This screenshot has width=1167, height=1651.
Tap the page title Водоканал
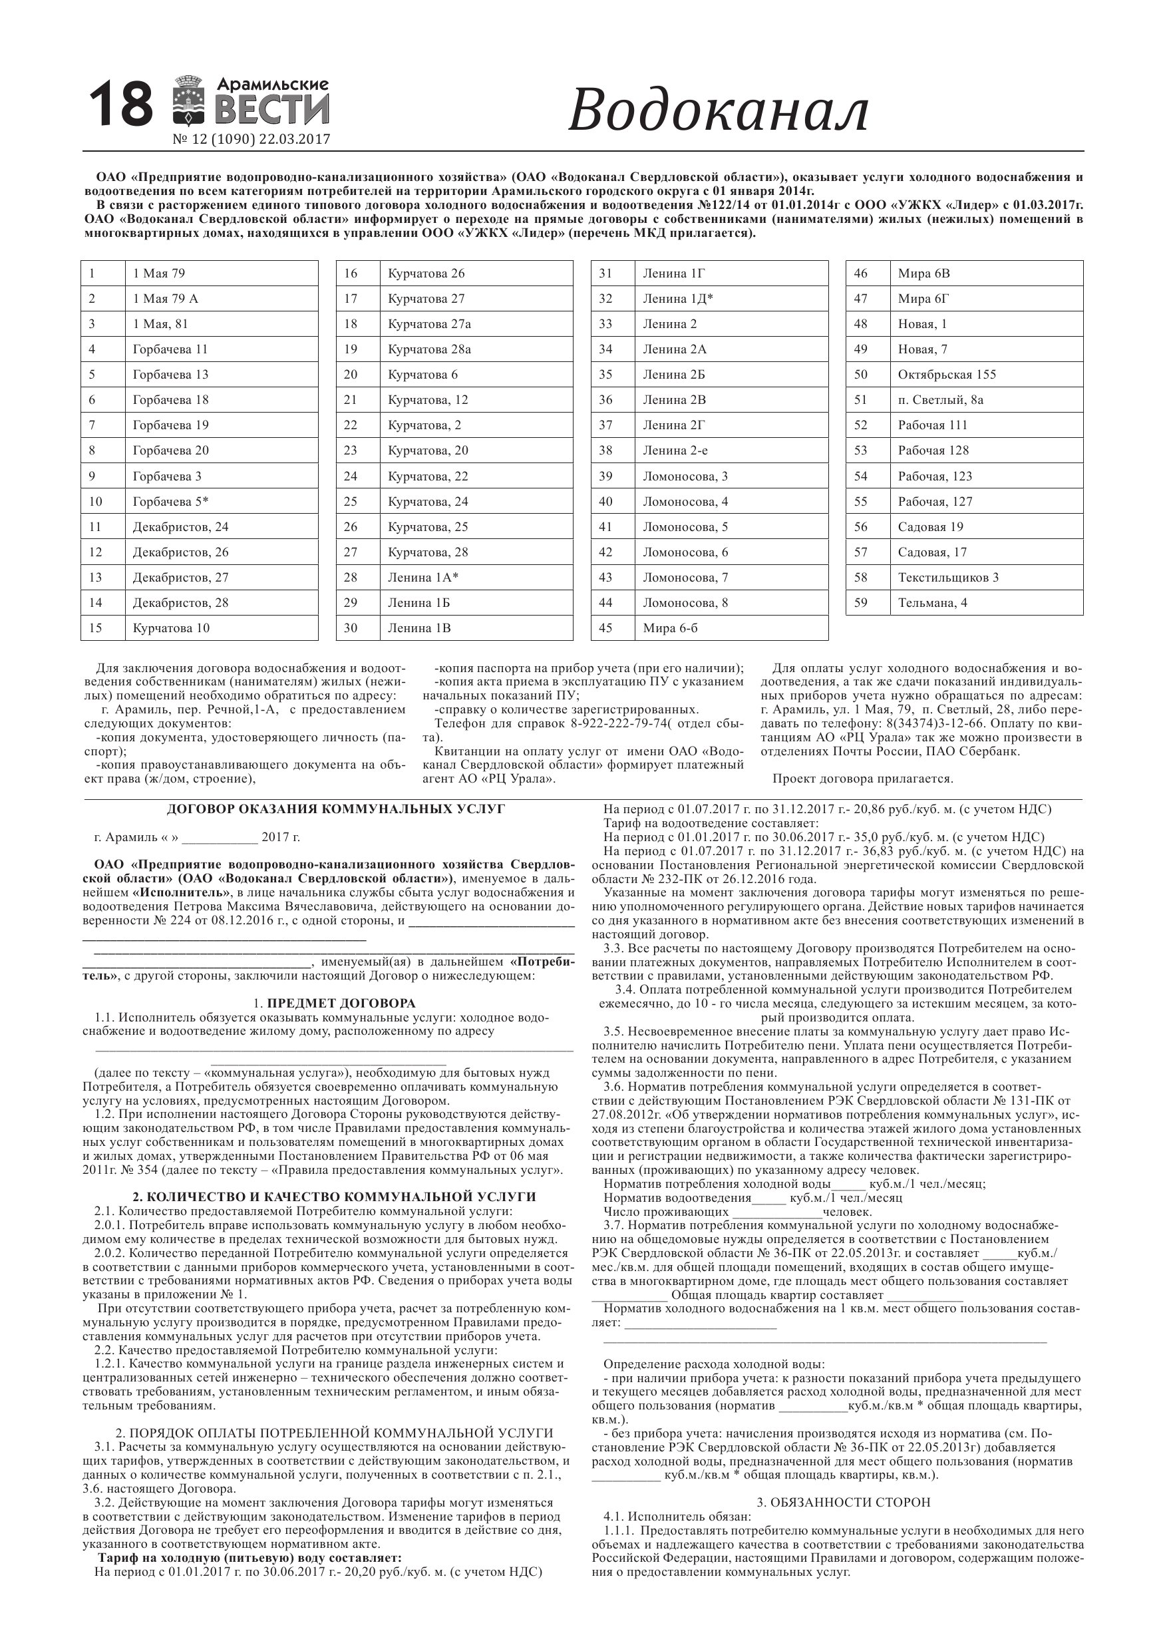[x=719, y=110]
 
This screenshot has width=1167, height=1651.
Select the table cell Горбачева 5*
[x=170, y=501]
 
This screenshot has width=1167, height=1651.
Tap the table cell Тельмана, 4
[x=932, y=603]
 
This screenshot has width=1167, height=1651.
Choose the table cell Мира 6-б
[x=670, y=628]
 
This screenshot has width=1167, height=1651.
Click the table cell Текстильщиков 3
[x=947, y=578]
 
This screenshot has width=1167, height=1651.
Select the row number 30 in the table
[x=350, y=628]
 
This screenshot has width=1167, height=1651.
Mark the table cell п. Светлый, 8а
[x=939, y=400]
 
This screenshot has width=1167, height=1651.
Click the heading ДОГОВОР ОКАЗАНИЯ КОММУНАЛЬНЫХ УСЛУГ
[x=336, y=809]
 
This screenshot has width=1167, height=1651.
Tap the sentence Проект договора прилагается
[x=862, y=779]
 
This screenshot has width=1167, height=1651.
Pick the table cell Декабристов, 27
[x=180, y=578]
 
